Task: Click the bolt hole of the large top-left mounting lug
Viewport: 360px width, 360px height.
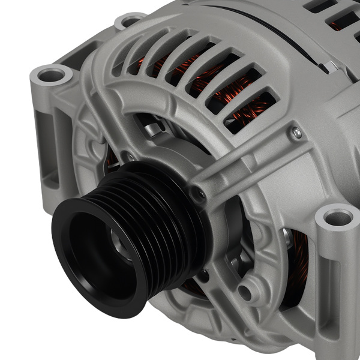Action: [53, 76]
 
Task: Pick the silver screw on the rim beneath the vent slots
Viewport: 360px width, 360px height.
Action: [296, 133]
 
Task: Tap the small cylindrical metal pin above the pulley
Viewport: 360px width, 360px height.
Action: [154, 128]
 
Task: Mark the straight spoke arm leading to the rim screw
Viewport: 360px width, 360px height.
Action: [246, 162]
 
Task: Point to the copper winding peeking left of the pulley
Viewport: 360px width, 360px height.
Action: [111, 159]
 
